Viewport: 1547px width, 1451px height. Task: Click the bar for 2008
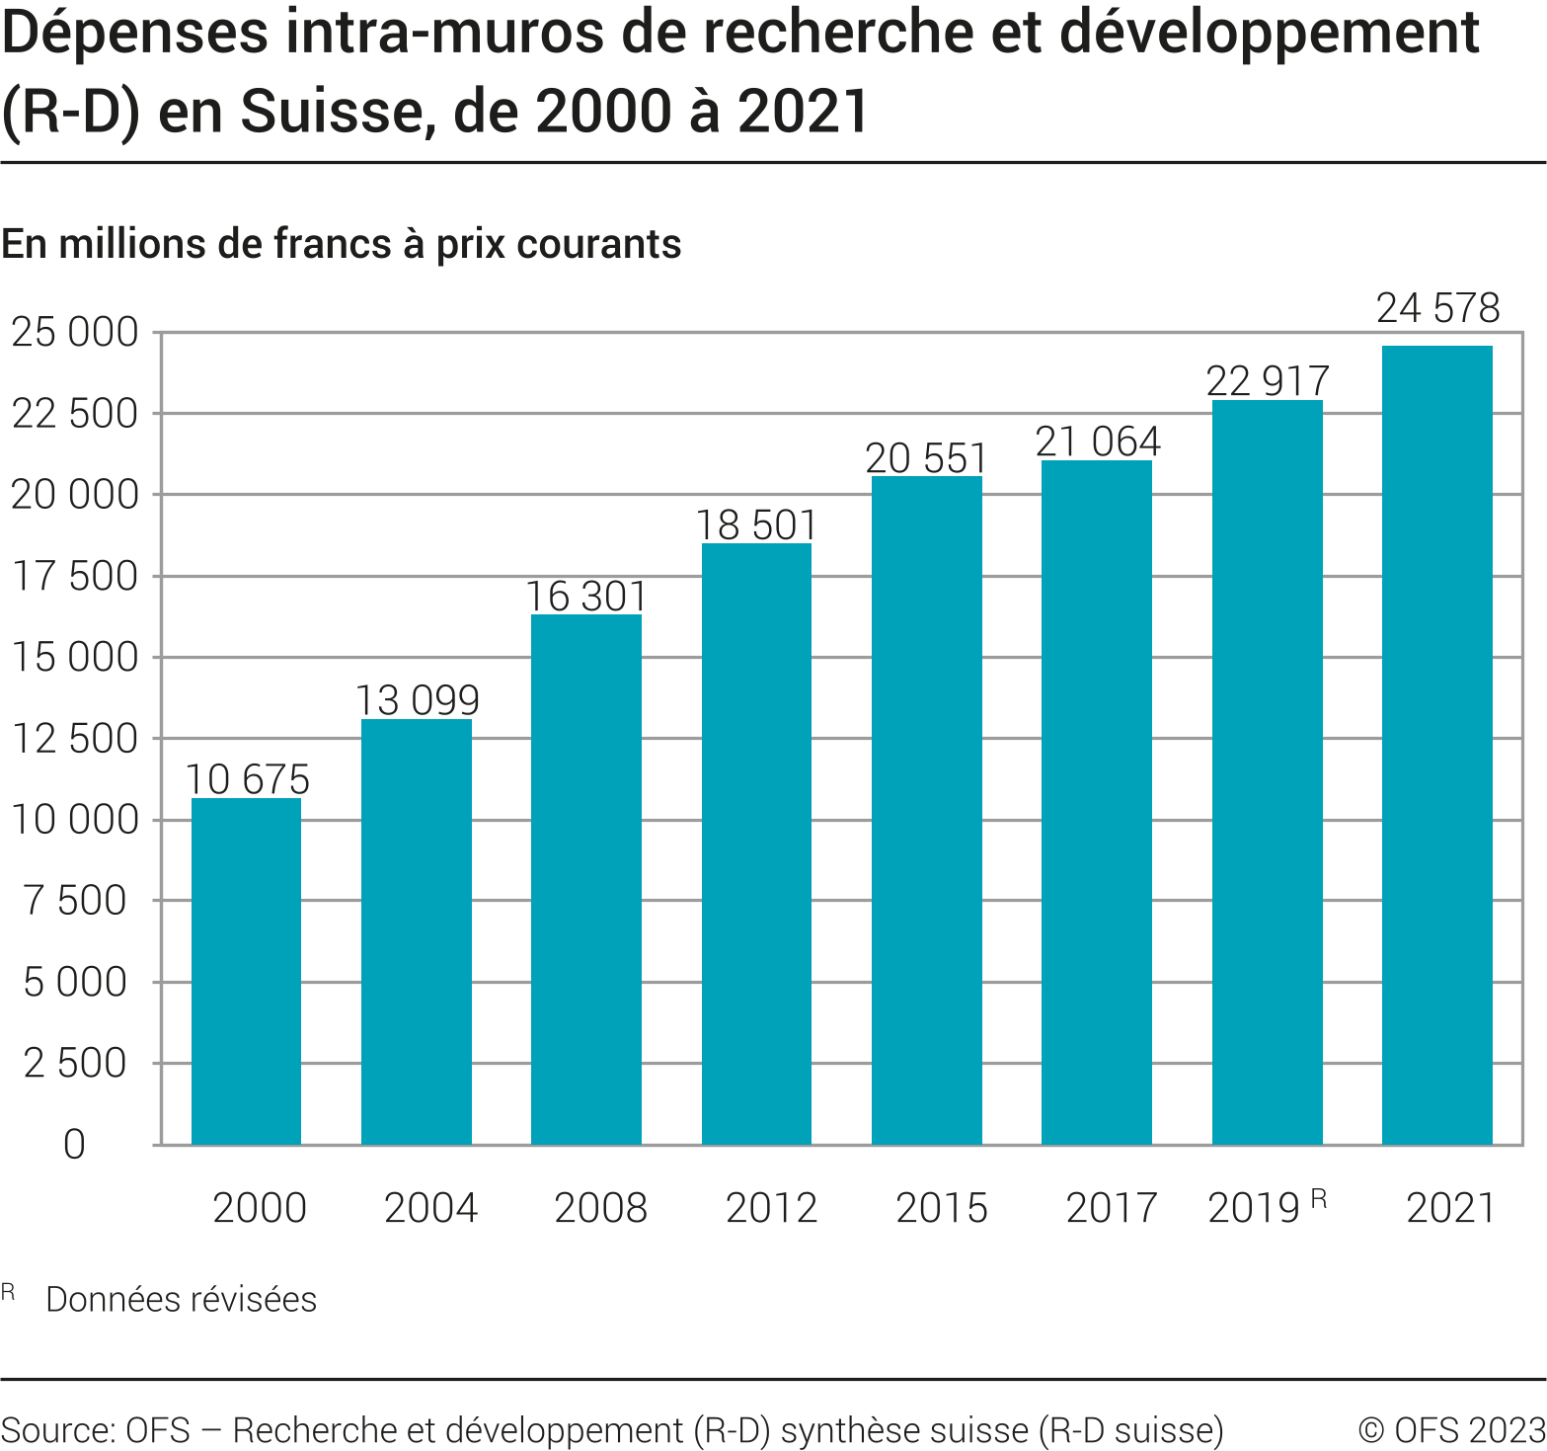[x=586, y=879]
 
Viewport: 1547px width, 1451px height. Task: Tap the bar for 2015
[x=927, y=810]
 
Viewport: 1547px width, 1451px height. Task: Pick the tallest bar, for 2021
[x=1436, y=745]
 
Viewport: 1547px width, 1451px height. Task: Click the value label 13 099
[x=417, y=700]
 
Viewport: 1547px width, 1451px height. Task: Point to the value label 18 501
[x=756, y=525]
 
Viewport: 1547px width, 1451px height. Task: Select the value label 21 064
[x=1098, y=442]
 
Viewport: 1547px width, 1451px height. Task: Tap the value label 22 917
[x=1268, y=381]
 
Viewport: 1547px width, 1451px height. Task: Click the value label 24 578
[x=1438, y=308]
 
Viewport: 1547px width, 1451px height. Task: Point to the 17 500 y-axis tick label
[x=75, y=576]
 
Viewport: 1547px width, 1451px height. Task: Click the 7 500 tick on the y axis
[x=75, y=901]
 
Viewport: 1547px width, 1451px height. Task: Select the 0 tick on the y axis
[x=75, y=1145]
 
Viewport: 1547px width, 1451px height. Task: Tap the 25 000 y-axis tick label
[x=75, y=333]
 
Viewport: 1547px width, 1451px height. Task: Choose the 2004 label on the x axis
[x=430, y=1208]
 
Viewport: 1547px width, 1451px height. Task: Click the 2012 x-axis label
[x=771, y=1208]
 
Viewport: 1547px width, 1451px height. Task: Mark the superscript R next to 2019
[x=1318, y=1199]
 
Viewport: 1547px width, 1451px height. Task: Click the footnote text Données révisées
[x=182, y=1299]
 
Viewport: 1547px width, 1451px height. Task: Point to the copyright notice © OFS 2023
[x=1451, y=1430]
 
